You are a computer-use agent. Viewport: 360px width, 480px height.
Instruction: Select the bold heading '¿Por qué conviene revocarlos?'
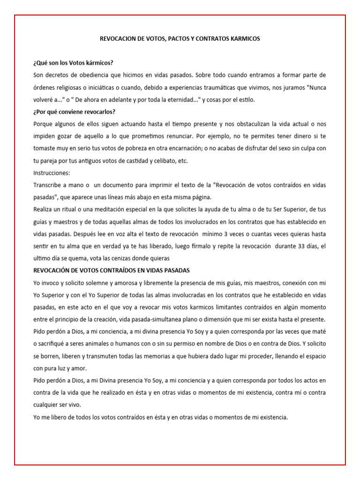pyautogui.click(x=75, y=112)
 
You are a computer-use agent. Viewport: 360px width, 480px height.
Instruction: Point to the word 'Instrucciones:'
pyautogui.click(x=52, y=172)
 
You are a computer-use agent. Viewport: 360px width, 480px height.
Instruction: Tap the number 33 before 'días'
pyautogui.click(x=296, y=246)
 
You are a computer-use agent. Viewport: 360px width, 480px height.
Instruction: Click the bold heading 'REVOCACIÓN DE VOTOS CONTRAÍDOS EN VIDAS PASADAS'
pyautogui.click(x=112, y=270)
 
